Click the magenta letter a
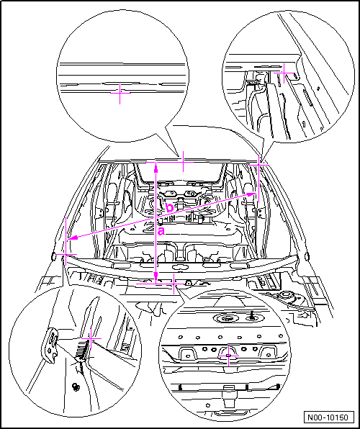(161, 231)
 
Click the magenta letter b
(170, 208)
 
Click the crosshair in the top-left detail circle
(120, 94)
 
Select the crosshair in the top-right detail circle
(284, 73)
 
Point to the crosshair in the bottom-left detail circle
(91, 339)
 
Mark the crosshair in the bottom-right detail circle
(228, 356)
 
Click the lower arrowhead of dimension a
(156, 277)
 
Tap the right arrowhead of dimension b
(250, 194)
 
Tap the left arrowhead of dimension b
(73, 238)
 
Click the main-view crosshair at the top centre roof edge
(183, 162)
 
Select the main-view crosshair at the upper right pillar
(259, 165)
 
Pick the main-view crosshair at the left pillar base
(66, 254)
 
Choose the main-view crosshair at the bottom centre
(174, 284)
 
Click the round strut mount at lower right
(285, 295)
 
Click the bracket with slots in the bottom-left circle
(52, 346)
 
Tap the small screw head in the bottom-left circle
(75, 387)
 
